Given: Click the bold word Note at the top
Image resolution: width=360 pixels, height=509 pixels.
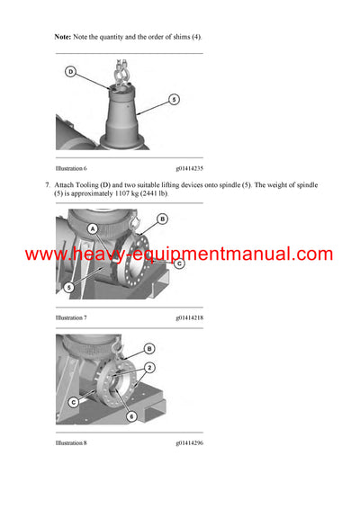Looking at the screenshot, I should [x=63, y=37].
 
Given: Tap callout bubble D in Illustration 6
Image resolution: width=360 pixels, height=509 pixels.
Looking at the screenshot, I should [x=70, y=71].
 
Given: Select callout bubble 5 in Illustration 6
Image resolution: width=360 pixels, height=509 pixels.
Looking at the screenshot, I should [x=174, y=99].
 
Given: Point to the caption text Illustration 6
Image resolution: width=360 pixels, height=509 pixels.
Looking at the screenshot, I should [x=71, y=168].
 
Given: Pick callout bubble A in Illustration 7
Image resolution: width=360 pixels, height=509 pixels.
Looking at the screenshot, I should [x=93, y=228].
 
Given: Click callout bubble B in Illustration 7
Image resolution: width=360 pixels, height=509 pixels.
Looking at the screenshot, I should [x=162, y=219].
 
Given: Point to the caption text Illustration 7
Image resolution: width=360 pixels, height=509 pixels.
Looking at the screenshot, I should [x=71, y=317].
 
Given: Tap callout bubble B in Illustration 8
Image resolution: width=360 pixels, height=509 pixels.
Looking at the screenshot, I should [x=148, y=348].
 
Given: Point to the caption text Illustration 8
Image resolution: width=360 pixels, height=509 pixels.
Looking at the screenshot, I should [x=71, y=442].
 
